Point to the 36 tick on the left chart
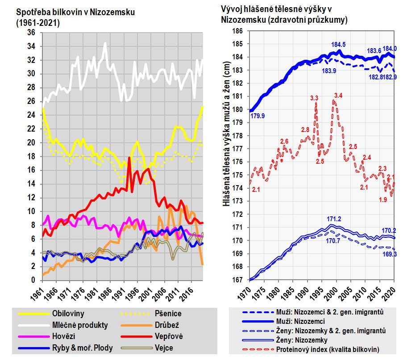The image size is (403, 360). click(31, 33)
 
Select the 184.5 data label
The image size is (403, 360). click(338, 45)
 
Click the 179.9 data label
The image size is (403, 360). click(257, 116)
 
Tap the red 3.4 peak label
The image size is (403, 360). click(338, 95)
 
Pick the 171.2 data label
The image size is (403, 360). click(333, 219)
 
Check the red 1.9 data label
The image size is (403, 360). click(382, 199)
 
